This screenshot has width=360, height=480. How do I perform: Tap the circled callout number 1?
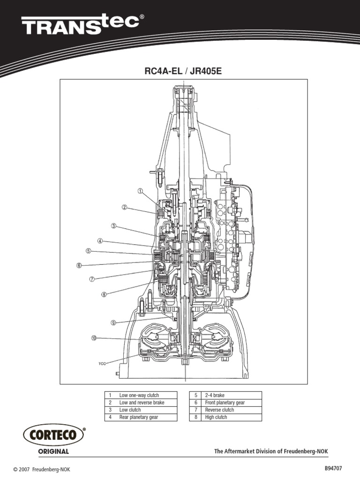(140, 191)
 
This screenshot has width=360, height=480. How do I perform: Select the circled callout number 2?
(124, 207)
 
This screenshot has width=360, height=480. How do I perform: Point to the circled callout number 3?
(113, 226)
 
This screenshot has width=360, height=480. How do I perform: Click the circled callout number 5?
(88, 251)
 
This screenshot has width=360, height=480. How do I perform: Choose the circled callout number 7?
(92, 279)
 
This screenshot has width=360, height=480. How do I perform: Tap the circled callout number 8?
(104, 295)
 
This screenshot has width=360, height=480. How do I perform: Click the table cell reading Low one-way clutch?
(141, 395)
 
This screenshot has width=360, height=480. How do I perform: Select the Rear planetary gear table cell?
(141, 417)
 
